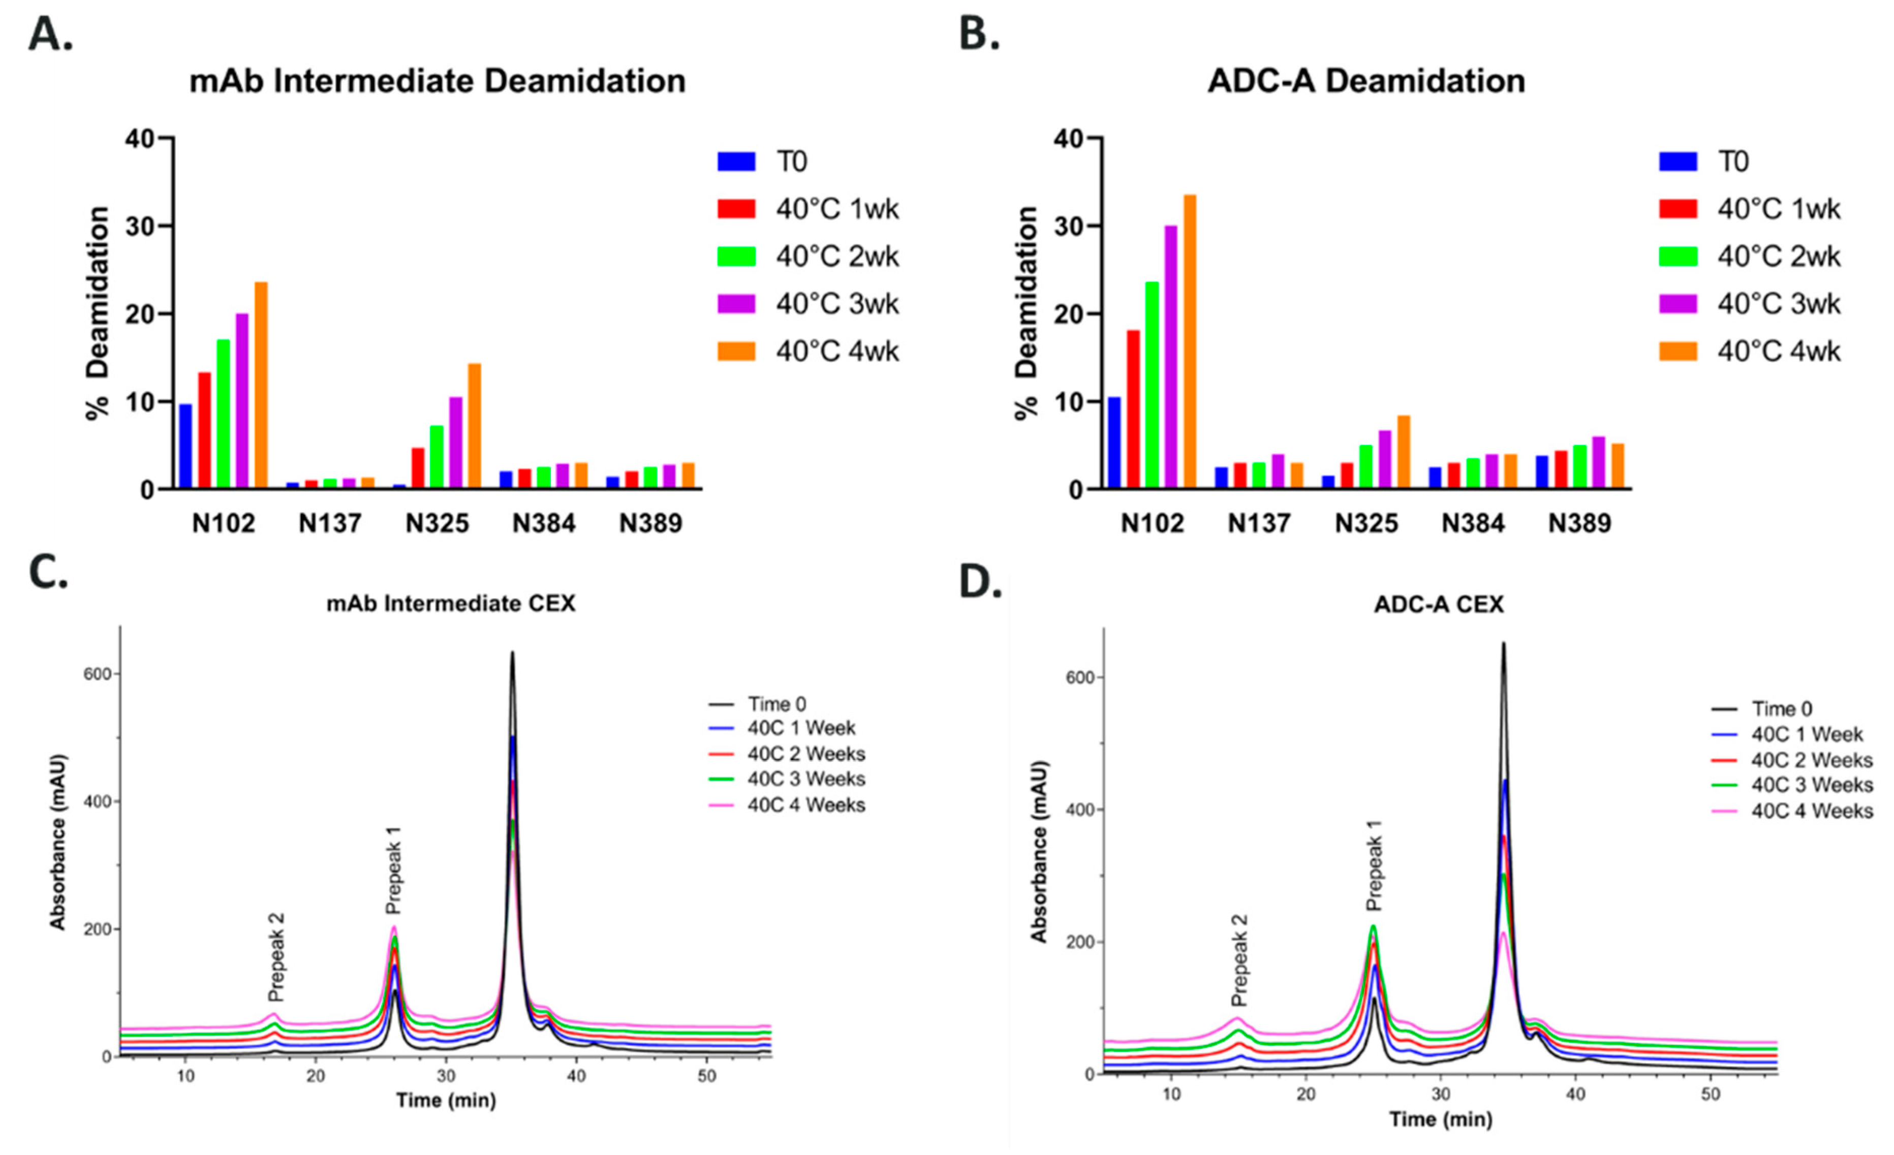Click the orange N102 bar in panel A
[261, 384]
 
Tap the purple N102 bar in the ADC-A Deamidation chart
[1171, 358]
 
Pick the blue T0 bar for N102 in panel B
[1114, 442]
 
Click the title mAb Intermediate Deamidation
[438, 81]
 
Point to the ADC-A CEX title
[1438, 605]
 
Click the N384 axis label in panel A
[543, 523]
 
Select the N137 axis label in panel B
[1258, 523]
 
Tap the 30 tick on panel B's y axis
[1068, 227]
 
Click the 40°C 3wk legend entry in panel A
[836, 304]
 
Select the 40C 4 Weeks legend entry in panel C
[805, 805]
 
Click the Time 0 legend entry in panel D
[1781, 709]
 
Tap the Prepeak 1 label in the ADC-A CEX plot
[1374, 864]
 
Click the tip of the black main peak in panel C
[512, 654]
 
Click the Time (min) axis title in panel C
[446, 1101]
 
